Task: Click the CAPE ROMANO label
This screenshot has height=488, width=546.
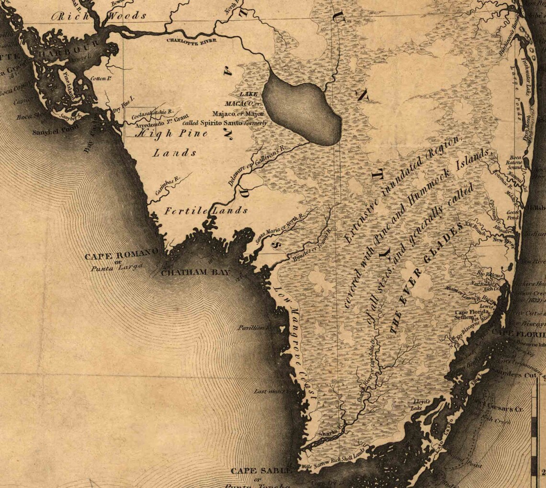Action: [122, 256]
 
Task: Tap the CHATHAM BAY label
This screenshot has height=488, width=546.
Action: [195, 273]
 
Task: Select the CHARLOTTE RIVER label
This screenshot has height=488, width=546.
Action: [192, 41]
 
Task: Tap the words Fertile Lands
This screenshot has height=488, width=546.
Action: [206, 210]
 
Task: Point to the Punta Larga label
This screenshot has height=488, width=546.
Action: [117, 268]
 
